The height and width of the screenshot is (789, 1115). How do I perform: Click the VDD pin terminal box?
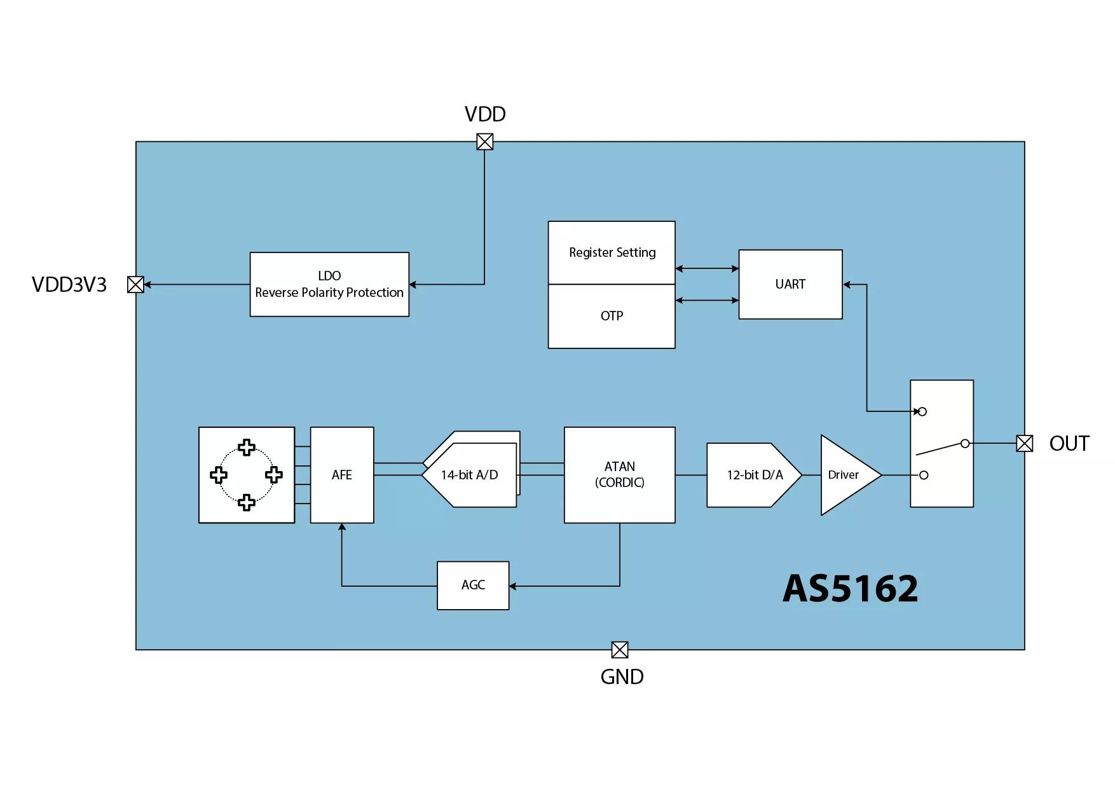[x=484, y=142]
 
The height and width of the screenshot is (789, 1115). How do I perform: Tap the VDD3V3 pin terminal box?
[x=135, y=285]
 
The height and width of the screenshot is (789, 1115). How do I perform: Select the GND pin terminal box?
[x=620, y=650]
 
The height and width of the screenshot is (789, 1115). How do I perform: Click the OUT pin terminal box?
[x=1024, y=444]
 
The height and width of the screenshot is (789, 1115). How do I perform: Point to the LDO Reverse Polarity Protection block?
[x=329, y=284]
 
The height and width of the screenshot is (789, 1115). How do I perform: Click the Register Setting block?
[x=612, y=252]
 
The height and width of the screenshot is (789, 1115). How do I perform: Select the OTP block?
[x=612, y=316]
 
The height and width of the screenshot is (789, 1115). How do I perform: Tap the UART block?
[x=790, y=284]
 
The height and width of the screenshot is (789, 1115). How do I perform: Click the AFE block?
[x=342, y=475]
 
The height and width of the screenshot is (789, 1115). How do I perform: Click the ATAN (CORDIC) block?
[x=620, y=475]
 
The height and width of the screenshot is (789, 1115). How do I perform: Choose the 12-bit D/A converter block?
[x=755, y=475]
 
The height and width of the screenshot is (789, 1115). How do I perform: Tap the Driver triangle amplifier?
[x=849, y=475]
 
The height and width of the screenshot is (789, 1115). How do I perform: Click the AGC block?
[x=473, y=586]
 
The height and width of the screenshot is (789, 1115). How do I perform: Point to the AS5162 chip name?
[x=851, y=588]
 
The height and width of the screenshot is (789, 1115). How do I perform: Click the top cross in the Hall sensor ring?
[x=247, y=448]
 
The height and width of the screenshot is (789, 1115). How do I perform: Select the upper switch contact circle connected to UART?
[x=922, y=412]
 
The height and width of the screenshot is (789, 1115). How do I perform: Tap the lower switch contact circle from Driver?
[x=924, y=475]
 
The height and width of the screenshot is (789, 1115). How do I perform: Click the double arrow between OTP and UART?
[x=707, y=300]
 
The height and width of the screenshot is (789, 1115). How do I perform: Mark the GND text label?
[x=622, y=676]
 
